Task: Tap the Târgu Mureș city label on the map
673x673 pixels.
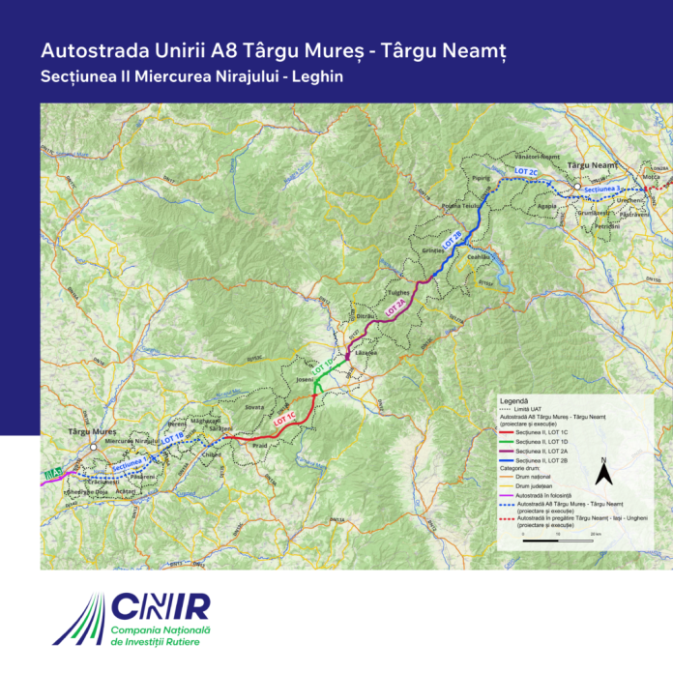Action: [x=92, y=432]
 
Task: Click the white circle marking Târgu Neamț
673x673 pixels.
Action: [x=576, y=186]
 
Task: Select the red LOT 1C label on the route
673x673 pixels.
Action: [x=285, y=421]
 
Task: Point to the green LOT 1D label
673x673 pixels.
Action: [x=323, y=368]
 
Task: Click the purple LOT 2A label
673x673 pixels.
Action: [x=396, y=306]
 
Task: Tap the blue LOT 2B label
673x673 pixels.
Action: [x=454, y=238]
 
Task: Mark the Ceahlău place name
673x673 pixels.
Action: [x=481, y=256]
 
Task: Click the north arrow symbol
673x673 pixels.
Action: [x=602, y=473]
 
